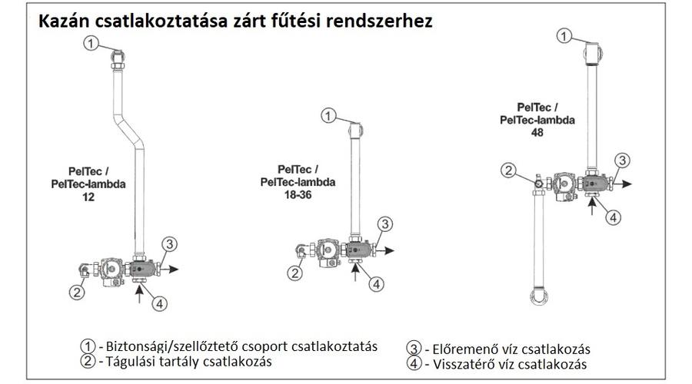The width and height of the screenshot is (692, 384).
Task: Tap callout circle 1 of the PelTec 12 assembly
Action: (91, 43)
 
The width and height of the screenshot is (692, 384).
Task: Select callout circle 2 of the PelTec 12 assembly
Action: (77, 293)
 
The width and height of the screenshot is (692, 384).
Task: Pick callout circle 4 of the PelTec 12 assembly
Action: (160, 303)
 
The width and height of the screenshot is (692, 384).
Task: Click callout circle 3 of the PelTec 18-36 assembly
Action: (385, 224)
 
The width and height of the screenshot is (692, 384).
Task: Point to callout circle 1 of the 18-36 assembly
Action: (328, 116)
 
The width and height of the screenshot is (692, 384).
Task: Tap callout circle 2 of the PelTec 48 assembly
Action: (508, 170)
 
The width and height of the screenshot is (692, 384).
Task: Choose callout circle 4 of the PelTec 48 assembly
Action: (613, 217)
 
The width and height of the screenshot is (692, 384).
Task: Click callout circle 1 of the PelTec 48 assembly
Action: (564, 35)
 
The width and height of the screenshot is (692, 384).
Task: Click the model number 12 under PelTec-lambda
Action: (88, 197)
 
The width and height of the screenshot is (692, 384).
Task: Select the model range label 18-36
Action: (298, 194)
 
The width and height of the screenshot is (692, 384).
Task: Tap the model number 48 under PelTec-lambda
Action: (537, 132)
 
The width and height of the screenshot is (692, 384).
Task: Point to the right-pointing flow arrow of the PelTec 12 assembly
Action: (170, 269)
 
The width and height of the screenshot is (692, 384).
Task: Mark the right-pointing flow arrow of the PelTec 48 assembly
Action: (623, 184)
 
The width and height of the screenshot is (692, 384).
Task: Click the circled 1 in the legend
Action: (88, 346)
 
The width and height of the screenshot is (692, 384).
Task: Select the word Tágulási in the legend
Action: (131, 362)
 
